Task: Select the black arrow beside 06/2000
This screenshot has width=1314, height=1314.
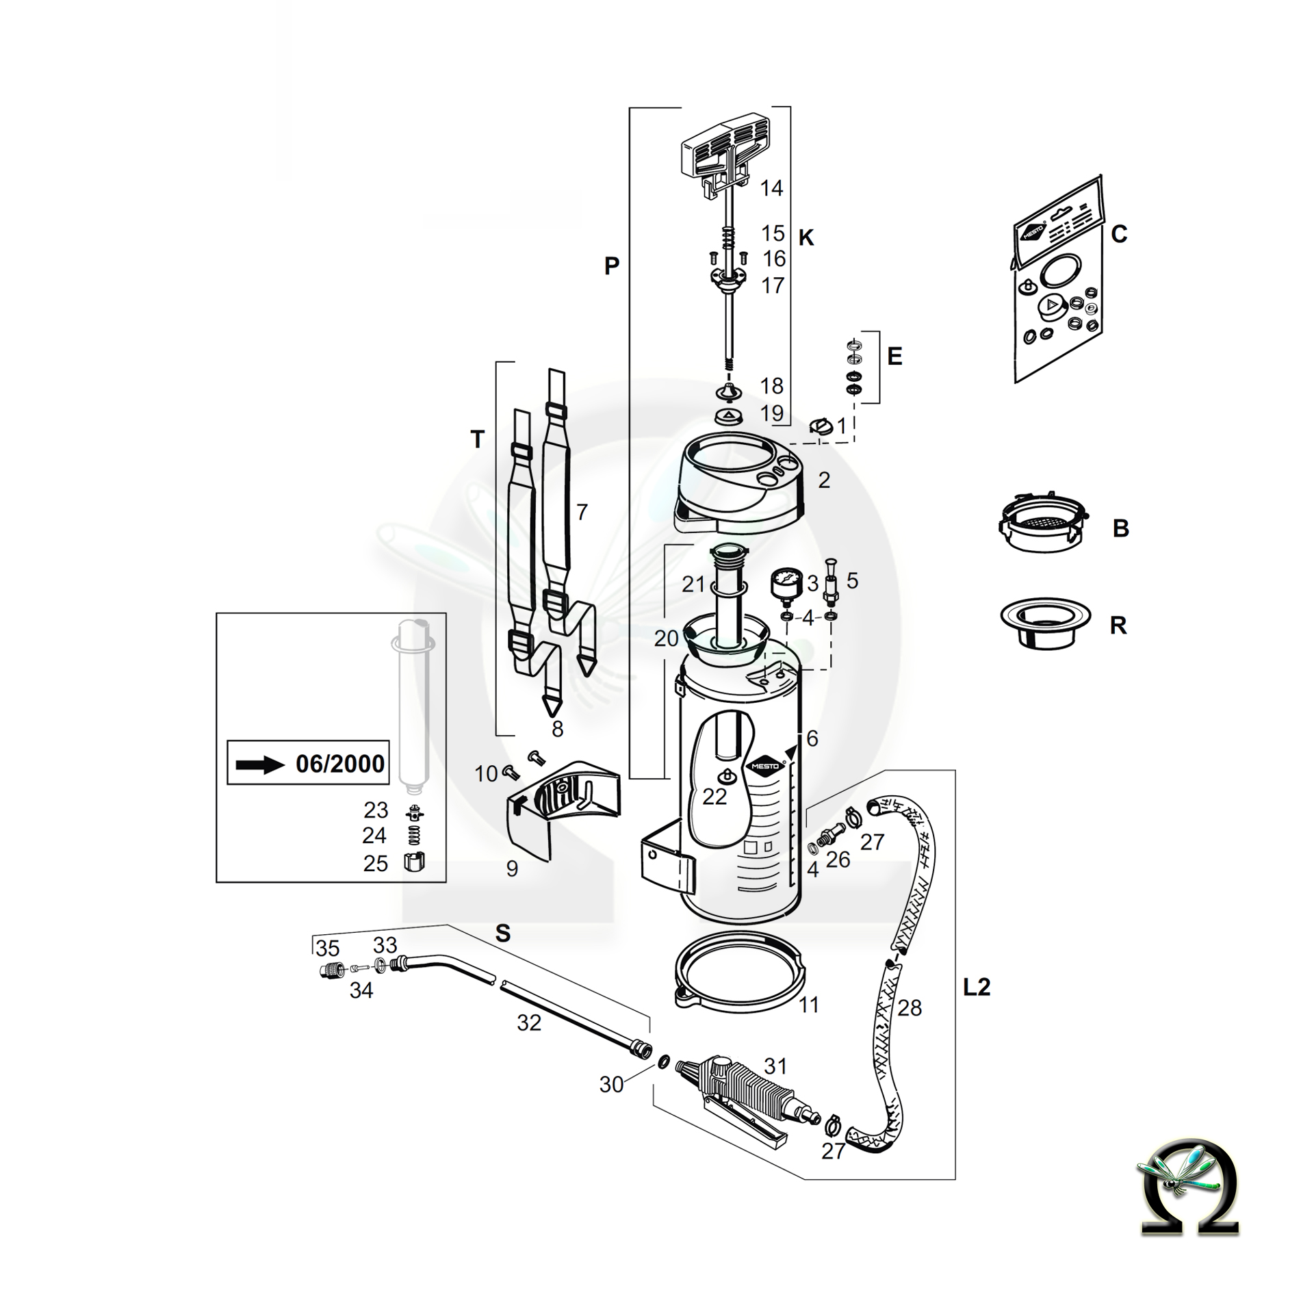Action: point(259,764)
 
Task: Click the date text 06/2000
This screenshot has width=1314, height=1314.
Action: point(340,763)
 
